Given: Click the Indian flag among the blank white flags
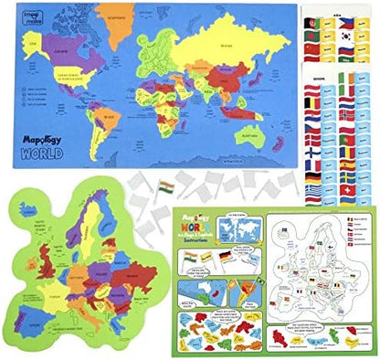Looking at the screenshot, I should click(x=167, y=187).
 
